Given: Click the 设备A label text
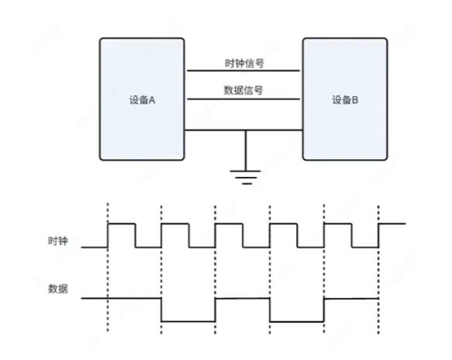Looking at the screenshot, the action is (x=142, y=100).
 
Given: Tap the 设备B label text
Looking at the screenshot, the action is (x=345, y=100).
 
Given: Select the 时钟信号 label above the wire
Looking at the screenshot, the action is (x=244, y=63).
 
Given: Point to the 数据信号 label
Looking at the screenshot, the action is (x=243, y=90).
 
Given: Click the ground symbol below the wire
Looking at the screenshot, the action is (x=246, y=177).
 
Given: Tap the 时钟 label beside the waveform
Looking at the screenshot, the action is (x=57, y=241).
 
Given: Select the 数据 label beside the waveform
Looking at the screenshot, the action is (x=57, y=289).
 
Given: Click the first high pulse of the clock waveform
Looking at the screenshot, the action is (x=122, y=223).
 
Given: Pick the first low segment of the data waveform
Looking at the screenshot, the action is (x=188, y=321).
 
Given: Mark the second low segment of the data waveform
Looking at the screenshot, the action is (x=297, y=321).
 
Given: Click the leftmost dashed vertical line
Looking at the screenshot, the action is (x=108, y=267).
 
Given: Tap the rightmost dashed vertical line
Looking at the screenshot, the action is (x=378, y=270).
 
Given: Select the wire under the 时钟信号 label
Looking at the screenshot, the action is (x=243, y=71).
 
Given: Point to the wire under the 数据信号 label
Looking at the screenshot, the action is (x=243, y=99).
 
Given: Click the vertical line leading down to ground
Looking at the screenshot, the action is (x=246, y=151).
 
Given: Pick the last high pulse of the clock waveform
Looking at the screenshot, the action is (x=392, y=223).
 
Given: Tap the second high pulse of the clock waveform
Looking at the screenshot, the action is (x=175, y=223).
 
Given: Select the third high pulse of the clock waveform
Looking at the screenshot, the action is (x=229, y=223).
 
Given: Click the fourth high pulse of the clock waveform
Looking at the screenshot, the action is (x=283, y=223).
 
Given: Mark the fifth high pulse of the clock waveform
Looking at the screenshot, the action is (x=338, y=223).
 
